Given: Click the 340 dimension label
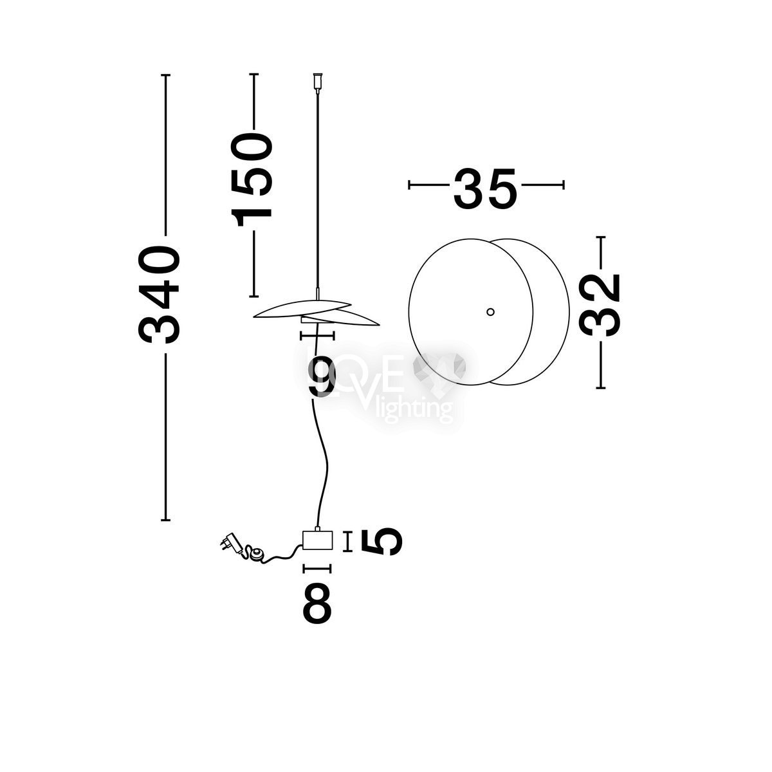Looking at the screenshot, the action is tap(159, 295).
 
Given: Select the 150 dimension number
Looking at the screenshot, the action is tap(252, 180).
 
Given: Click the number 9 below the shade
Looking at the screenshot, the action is tap(321, 376).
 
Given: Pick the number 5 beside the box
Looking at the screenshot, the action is tap(381, 541).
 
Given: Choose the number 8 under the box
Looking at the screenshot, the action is tap(317, 603).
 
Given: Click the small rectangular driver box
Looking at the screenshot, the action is tap(317, 540).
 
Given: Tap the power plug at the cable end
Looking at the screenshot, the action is tap(230, 542).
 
